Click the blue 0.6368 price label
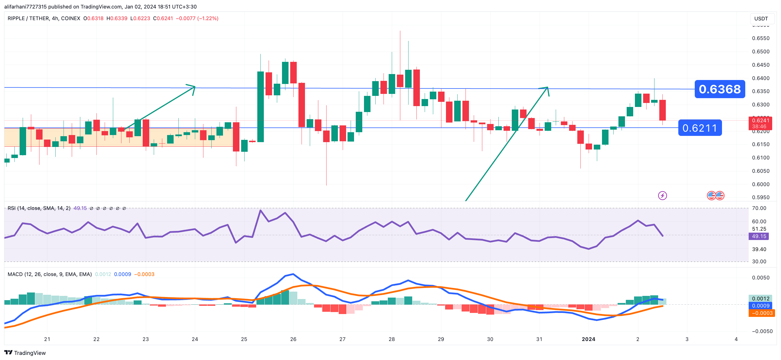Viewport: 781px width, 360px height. click(x=719, y=89)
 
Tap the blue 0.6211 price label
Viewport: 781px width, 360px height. click(x=700, y=128)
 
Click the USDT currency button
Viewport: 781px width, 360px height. click(x=761, y=18)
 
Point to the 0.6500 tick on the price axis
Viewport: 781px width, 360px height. click(x=760, y=52)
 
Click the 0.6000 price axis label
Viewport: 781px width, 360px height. click(x=760, y=184)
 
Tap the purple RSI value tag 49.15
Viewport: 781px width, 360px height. click(x=759, y=236)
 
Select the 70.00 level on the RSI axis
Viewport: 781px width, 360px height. click(x=759, y=208)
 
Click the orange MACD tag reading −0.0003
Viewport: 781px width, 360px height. click(x=761, y=313)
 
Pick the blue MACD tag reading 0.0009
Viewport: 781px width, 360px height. click(x=761, y=306)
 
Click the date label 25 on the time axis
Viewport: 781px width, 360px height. click(x=244, y=339)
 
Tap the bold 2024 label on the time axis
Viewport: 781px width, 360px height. click(x=588, y=339)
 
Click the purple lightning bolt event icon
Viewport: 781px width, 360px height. click(x=662, y=196)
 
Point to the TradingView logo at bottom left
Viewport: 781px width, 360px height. click(x=25, y=353)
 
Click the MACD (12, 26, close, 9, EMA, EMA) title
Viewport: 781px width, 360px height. click(x=49, y=274)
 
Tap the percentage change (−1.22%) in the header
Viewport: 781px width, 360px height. click(x=208, y=18)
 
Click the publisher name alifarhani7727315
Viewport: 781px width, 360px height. click(x=26, y=7)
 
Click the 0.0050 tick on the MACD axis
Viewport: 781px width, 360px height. click(x=760, y=278)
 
